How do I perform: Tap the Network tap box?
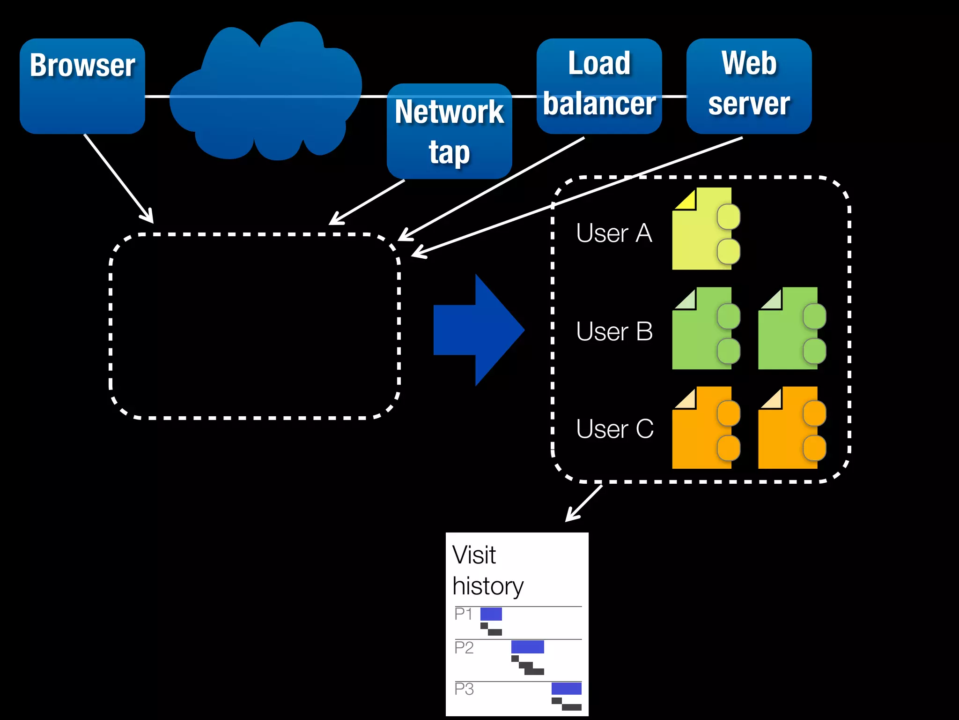point(449,131)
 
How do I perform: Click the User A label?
point(614,233)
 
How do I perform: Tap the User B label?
point(614,331)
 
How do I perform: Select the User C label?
point(614,429)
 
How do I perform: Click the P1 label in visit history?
point(463,614)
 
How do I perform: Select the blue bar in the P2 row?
point(527,647)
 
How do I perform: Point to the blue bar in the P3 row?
point(566,688)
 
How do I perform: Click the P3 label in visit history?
point(464,689)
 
